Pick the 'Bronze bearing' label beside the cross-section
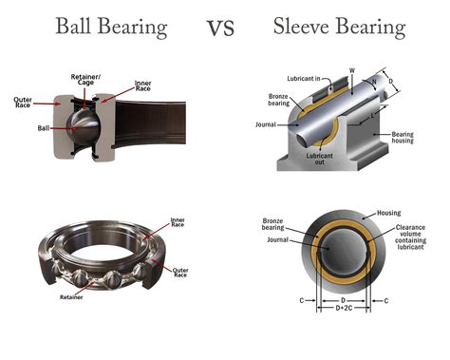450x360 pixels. pyautogui.click(x=275, y=226)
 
